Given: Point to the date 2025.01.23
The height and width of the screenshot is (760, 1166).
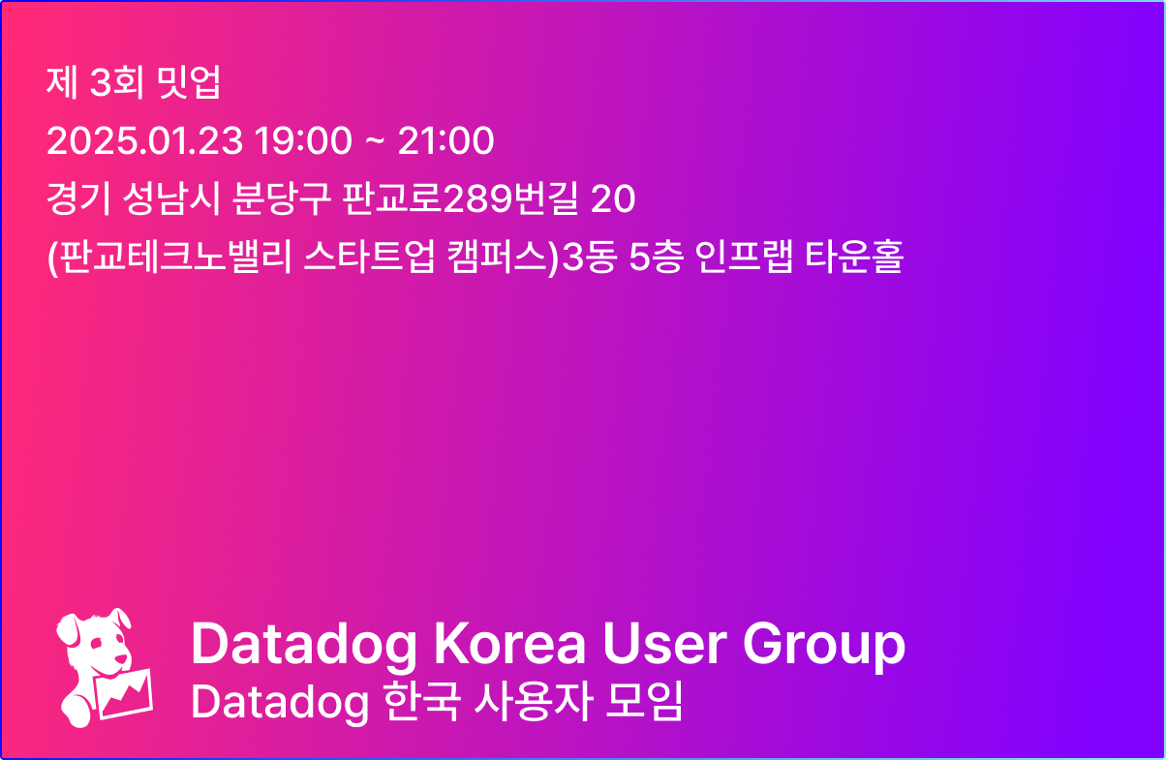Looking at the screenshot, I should point(144,141).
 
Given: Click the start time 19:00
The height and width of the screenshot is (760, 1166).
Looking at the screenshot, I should point(303,141).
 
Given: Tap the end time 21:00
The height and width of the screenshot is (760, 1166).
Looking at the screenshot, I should point(446,141).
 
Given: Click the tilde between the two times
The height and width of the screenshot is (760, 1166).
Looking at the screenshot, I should point(375,142).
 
